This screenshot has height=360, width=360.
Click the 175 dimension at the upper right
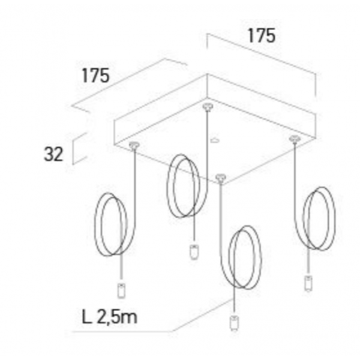pyautogui.click(x=262, y=36)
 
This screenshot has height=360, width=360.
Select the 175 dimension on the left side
pyautogui.click(x=95, y=76)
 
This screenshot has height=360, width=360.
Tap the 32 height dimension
pyautogui.click(x=53, y=154)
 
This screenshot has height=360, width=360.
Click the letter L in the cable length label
pyautogui.click(x=86, y=317)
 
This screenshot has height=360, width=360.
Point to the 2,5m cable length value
pyautogui.click(x=117, y=317)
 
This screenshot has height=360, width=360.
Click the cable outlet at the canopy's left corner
pyautogui.click(x=134, y=145)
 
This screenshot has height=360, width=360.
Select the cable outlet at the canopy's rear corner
pyautogui.click(x=208, y=107)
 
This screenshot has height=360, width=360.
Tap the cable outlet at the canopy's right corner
pyautogui.click(x=295, y=139)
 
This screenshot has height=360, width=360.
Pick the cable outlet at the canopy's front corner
pyautogui.click(x=221, y=177)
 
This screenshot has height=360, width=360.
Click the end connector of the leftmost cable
pyautogui.click(x=121, y=291)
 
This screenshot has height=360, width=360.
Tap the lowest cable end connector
pyautogui.click(x=234, y=323)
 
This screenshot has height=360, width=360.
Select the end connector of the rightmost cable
pyautogui.click(x=308, y=284)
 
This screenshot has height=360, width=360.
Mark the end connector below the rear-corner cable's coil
pyautogui.click(x=194, y=253)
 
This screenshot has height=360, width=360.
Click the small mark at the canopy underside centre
pyautogui.click(x=215, y=140)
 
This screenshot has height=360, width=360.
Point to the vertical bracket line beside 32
pyautogui.click(x=73, y=152)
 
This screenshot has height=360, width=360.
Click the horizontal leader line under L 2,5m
pyautogui.click(x=122, y=332)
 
